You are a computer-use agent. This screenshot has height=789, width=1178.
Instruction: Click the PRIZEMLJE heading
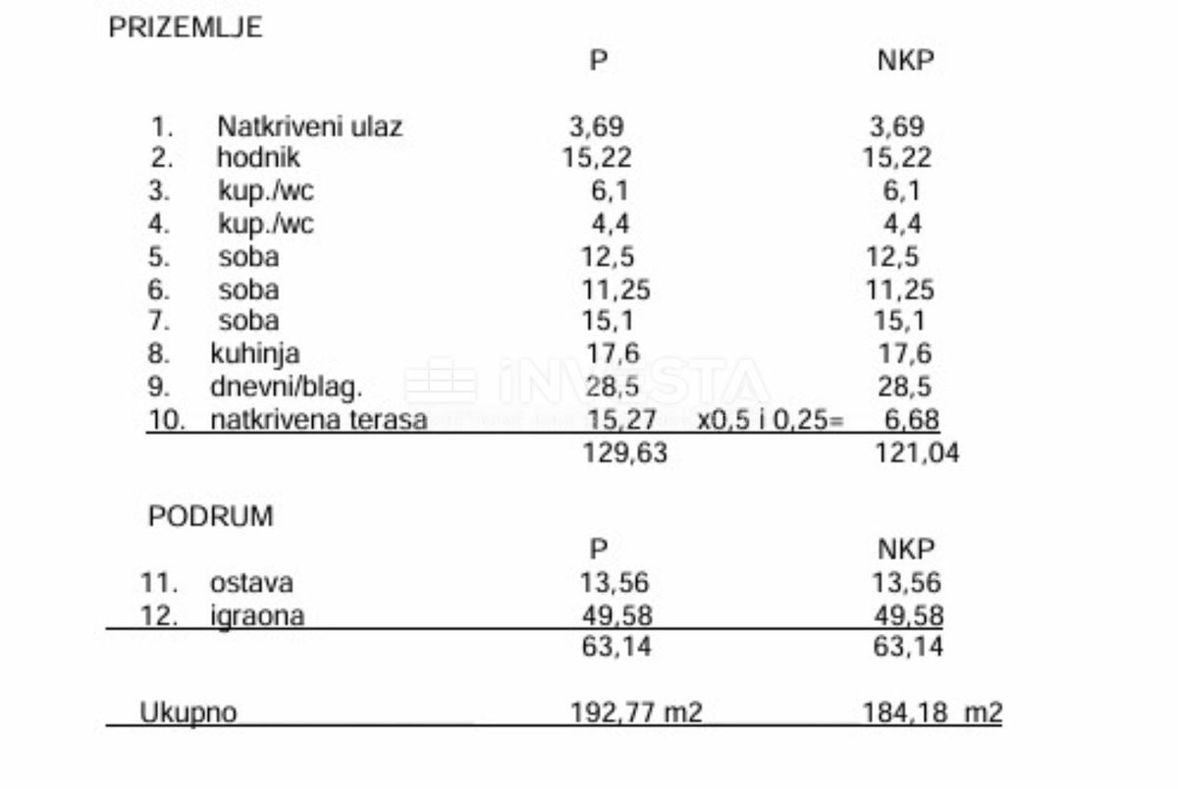tap(186, 27)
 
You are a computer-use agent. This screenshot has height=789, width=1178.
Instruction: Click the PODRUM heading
tap(211, 516)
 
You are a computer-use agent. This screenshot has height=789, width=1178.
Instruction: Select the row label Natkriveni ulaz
tap(309, 127)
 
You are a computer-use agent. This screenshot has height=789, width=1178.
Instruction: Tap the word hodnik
tap(258, 157)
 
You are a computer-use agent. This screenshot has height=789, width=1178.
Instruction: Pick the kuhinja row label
tap(255, 353)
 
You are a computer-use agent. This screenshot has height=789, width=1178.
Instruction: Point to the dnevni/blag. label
tap(286, 386)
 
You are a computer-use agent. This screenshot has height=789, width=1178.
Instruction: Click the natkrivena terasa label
tap(319, 420)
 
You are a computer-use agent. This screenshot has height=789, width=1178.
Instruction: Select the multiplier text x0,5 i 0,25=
tap(771, 420)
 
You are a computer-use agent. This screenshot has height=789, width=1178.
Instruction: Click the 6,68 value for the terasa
tap(911, 420)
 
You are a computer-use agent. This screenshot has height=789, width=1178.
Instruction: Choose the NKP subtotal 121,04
tap(917, 452)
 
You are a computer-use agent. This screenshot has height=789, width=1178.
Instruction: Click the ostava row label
tap(251, 583)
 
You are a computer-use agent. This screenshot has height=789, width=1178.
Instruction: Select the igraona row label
tap(256, 615)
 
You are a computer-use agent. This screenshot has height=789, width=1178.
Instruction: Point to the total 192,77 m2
tap(636, 711)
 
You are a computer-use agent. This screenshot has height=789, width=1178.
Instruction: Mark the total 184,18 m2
tap(932, 711)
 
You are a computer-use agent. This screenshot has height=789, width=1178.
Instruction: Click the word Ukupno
tap(187, 711)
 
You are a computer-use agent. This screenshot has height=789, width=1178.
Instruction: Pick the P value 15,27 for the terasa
tap(621, 420)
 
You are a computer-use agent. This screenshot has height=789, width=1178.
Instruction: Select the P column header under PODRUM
tap(599, 550)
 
